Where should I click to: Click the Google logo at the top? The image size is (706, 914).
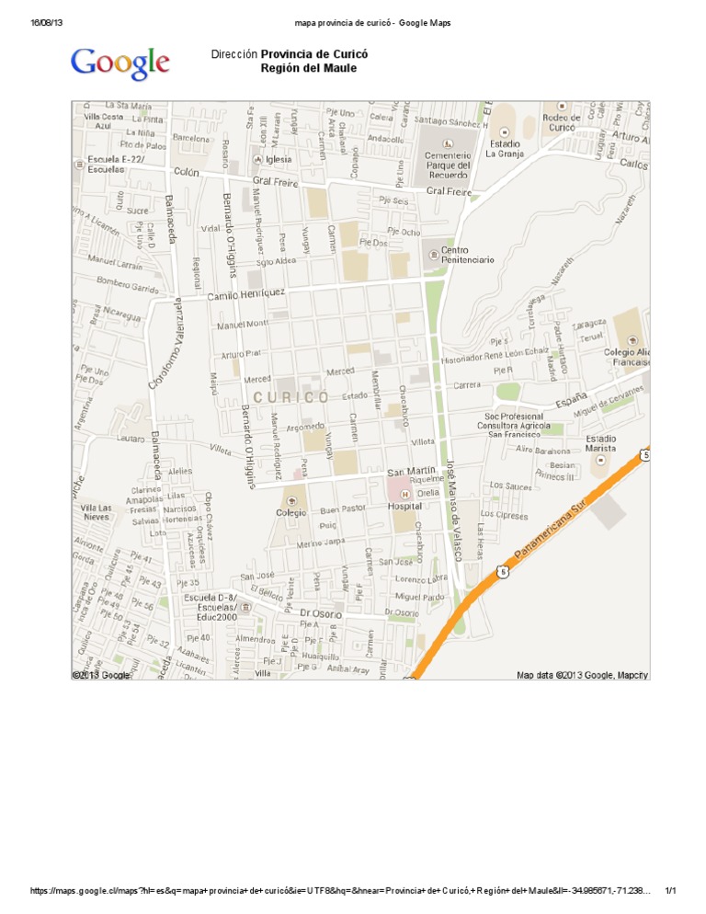coord(120,63)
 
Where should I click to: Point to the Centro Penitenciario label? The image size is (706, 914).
coord(467,255)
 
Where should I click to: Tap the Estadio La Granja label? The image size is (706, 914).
coord(504,149)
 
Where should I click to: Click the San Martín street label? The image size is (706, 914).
coord(411,471)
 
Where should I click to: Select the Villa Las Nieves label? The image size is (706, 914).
coord(97,512)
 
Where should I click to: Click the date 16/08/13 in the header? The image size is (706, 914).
coord(47,22)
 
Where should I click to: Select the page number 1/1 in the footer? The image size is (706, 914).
coord(670,891)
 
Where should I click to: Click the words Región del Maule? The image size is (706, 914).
coord(308,69)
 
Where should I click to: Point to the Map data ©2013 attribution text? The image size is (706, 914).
coord(582,675)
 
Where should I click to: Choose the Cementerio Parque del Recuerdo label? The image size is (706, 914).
coord(448,165)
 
